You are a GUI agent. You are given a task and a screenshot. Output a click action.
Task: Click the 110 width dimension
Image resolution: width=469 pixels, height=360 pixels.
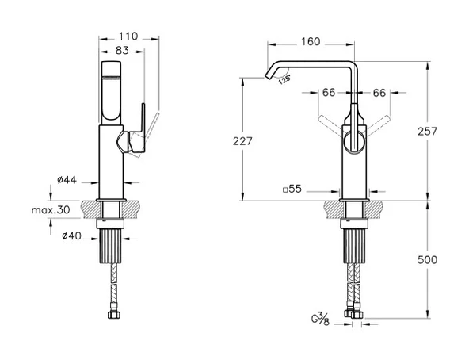point(128,36)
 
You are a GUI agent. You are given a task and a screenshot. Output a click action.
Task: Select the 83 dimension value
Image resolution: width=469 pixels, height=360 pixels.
point(122,50)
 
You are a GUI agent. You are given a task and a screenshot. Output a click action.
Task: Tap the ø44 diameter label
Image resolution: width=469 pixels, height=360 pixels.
point(67,180)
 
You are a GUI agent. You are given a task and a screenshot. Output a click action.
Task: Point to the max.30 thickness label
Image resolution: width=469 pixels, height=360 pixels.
point(51,209)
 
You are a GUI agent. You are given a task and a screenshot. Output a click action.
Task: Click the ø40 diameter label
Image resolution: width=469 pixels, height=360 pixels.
point(71,236)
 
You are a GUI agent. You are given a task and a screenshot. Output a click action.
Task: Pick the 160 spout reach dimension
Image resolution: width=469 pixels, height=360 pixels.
point(311,42)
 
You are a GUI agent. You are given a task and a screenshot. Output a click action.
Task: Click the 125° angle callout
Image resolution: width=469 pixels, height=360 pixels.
point(284,80)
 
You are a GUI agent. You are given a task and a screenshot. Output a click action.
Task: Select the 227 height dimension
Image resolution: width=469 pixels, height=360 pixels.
point(242,141)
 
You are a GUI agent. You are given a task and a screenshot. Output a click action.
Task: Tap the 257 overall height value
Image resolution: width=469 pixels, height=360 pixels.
point(428,131)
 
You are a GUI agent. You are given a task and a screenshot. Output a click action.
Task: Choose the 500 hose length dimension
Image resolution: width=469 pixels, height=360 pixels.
point(428,259)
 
